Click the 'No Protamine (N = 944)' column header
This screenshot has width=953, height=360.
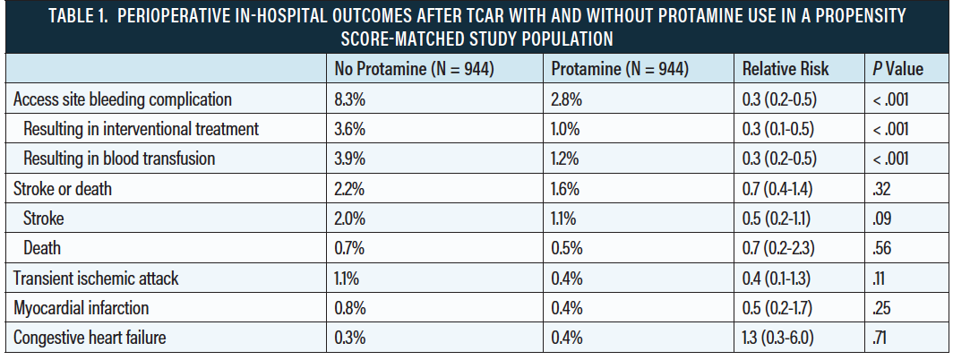tap(414, 70)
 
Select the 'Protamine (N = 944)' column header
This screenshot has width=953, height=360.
tap(619, 70)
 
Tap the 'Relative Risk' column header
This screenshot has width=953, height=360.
tap(786, 70)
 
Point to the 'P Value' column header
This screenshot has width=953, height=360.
tap(897, 70)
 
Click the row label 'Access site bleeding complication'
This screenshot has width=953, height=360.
tap(123, 99)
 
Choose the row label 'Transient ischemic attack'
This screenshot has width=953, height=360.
tap(96, 279)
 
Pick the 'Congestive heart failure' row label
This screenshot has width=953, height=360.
tap(91, 338)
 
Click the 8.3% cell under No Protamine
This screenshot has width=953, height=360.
tap(350, 99)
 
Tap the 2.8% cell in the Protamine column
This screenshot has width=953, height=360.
tap(567, 99)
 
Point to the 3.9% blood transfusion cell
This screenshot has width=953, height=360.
tap(350, 159)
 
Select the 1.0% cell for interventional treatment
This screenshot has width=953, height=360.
tap(566, 129)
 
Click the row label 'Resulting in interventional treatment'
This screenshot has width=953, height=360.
tap(142, 129)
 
